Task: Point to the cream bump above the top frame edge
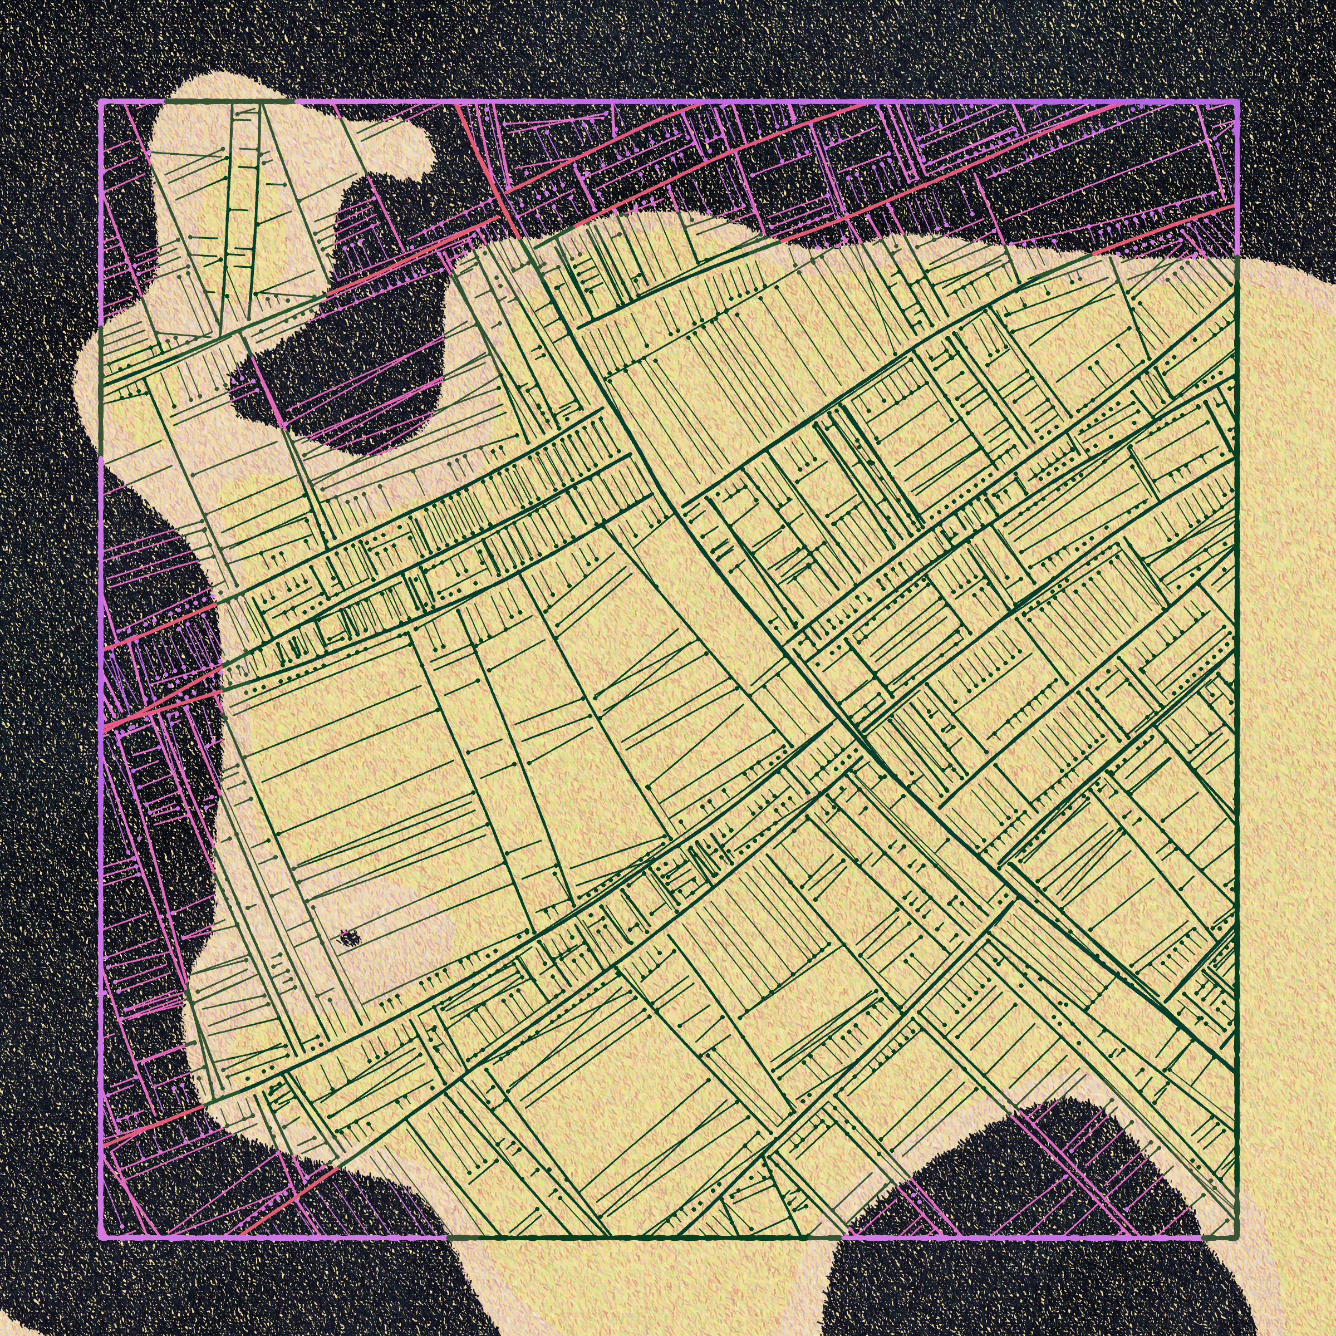(208, 86)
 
